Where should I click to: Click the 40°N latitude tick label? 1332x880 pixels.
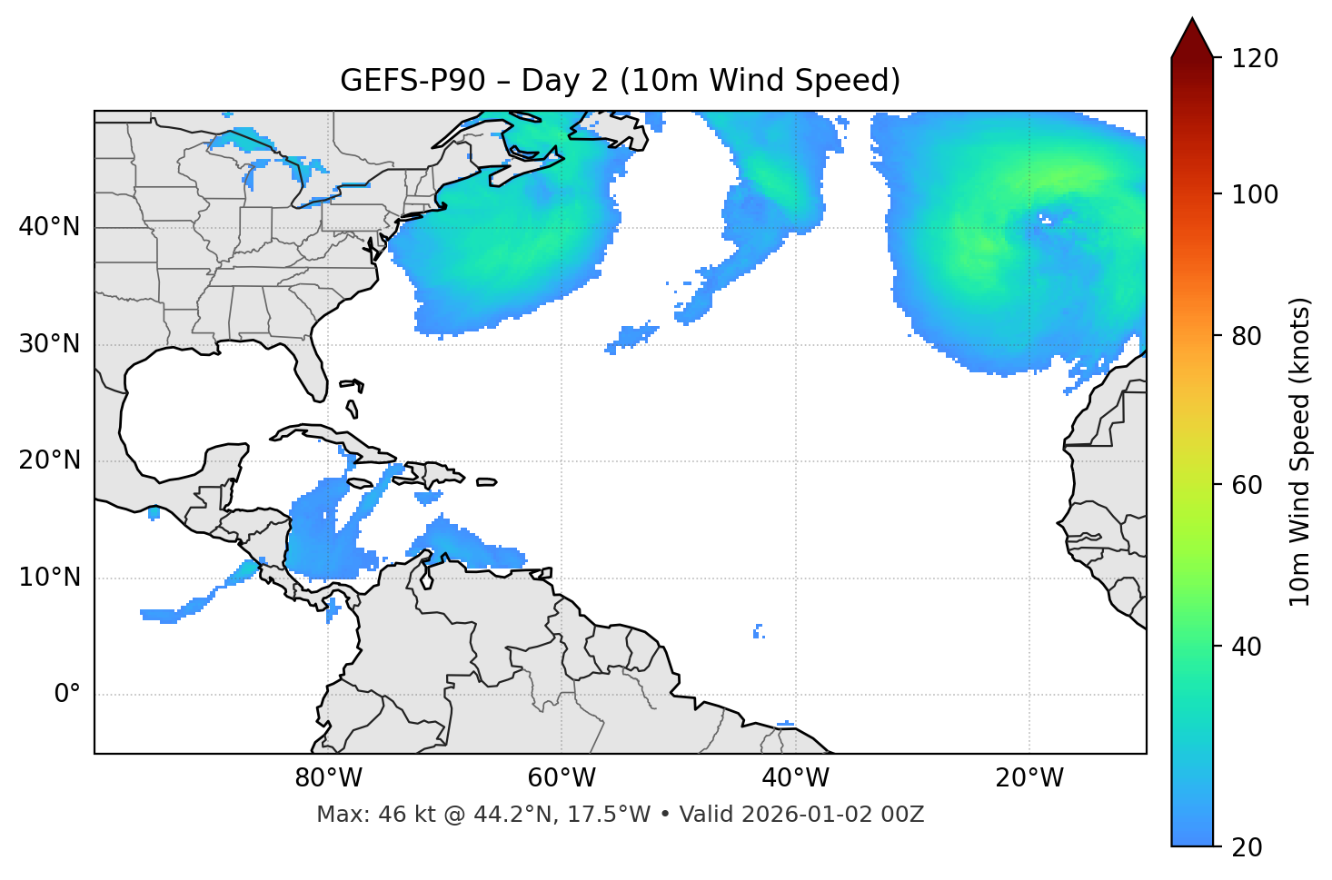[x=49, y=227]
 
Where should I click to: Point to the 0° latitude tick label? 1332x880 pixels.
[x=67, y=695]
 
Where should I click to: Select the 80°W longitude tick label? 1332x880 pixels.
[x=328, y=778]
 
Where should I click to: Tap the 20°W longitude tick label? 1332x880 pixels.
[x=1029, y=778]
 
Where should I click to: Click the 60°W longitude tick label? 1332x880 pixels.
[x=562, y=778]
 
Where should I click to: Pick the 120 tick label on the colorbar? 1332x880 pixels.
[x=1255, y=59]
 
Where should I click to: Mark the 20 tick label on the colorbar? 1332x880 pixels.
[x=1247, y=847]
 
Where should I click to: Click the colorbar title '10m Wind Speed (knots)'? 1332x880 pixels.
[x=1300, y=452]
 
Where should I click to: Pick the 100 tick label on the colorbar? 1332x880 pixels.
[x=1255, y=195]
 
